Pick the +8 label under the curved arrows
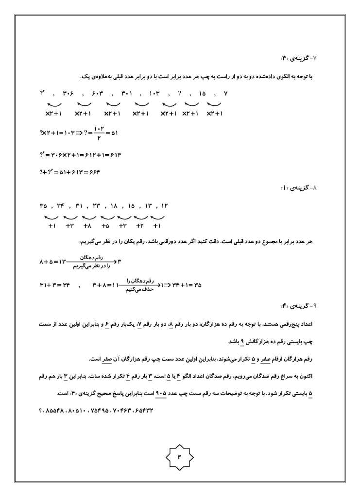87,226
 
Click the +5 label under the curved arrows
105,226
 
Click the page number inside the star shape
179,457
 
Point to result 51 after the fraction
113,132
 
